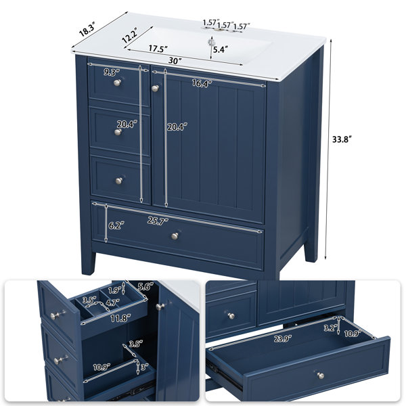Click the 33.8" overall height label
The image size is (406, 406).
[342, 139]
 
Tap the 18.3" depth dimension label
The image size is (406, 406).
[87, 29]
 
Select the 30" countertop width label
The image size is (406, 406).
[175, 61]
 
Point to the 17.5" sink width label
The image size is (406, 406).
[158, 49]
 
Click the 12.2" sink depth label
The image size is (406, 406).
[130, 35]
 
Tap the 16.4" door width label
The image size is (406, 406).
[202, 83]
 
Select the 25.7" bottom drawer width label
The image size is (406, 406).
[158, 221]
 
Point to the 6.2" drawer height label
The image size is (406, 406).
[116, 225]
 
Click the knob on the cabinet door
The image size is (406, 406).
[155, 89]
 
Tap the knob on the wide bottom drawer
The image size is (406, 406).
[175, 236]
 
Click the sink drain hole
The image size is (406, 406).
[212, 43]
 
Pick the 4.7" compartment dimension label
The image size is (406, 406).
[113, 302]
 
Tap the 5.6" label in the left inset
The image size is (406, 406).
[145, 286]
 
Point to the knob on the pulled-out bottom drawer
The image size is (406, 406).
[321, 375]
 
